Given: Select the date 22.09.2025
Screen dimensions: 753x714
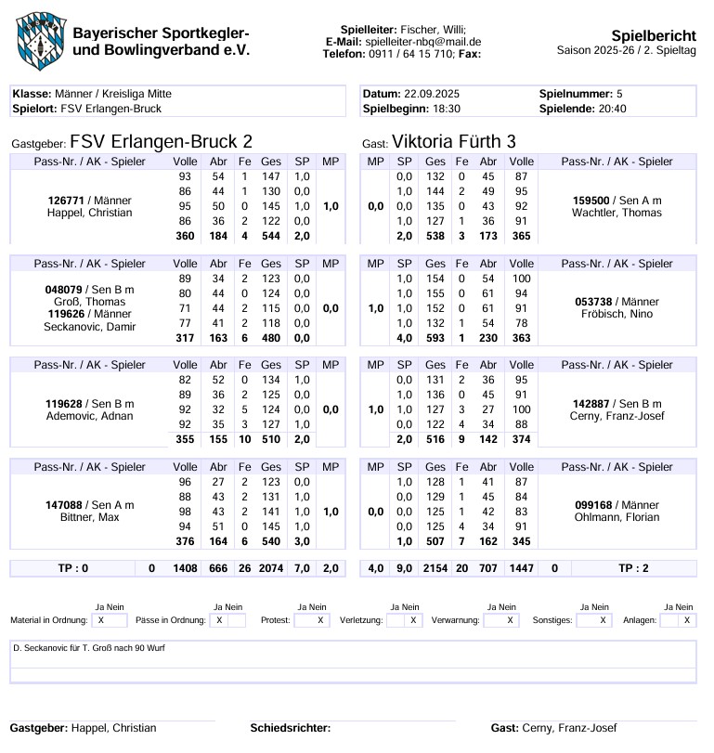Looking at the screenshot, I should [x=432, y=94].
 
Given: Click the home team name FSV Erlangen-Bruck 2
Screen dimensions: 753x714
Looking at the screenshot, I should [x=161, y=141].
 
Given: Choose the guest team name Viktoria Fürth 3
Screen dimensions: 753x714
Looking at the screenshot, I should [x=454, y=141].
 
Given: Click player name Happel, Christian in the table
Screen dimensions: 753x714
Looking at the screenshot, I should [x=89, y=213].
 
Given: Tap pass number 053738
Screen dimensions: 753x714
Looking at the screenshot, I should [x=597, y=302].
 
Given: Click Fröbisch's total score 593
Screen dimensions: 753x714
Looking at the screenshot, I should [x=435, y=339].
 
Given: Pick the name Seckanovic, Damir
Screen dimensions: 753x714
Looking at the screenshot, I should [x=89, y=327].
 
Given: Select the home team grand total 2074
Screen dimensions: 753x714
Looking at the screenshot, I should [x=271, y=568].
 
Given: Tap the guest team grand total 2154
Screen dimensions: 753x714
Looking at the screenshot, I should [x=435, y=568].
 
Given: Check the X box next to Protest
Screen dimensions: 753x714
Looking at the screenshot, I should [x=320, y=620].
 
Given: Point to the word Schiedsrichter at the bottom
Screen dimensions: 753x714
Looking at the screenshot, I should [x=291, y=728].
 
